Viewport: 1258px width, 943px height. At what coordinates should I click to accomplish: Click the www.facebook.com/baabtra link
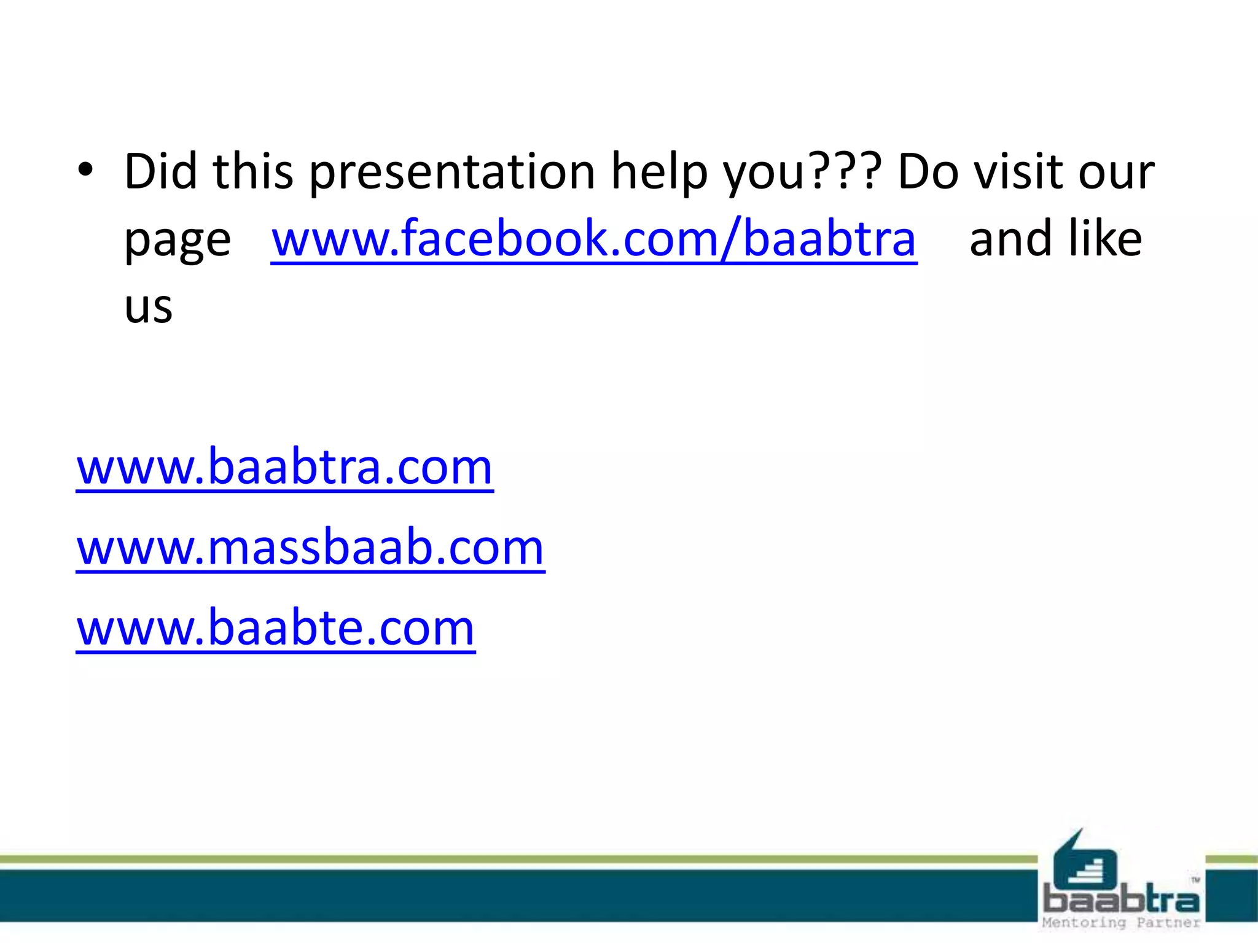tap(593, 239)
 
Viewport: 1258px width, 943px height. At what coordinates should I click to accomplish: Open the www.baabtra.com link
tap(284, 467)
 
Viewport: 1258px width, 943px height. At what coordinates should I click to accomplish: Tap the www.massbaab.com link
tap(310, 547)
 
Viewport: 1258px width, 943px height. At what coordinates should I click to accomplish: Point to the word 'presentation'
tap(451, 173)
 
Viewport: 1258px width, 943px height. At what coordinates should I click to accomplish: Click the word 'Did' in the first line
tap(161, 171)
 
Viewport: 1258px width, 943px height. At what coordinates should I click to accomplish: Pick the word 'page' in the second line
tap(177, 241)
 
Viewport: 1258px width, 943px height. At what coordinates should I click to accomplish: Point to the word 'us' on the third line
tap(148, 306)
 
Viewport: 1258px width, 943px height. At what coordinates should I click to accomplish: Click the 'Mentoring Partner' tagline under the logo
tap(1121, 922)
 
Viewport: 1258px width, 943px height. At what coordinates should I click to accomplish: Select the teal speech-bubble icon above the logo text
tap(1084, 860)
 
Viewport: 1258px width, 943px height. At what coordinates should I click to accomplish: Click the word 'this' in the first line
tap(253, 171)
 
